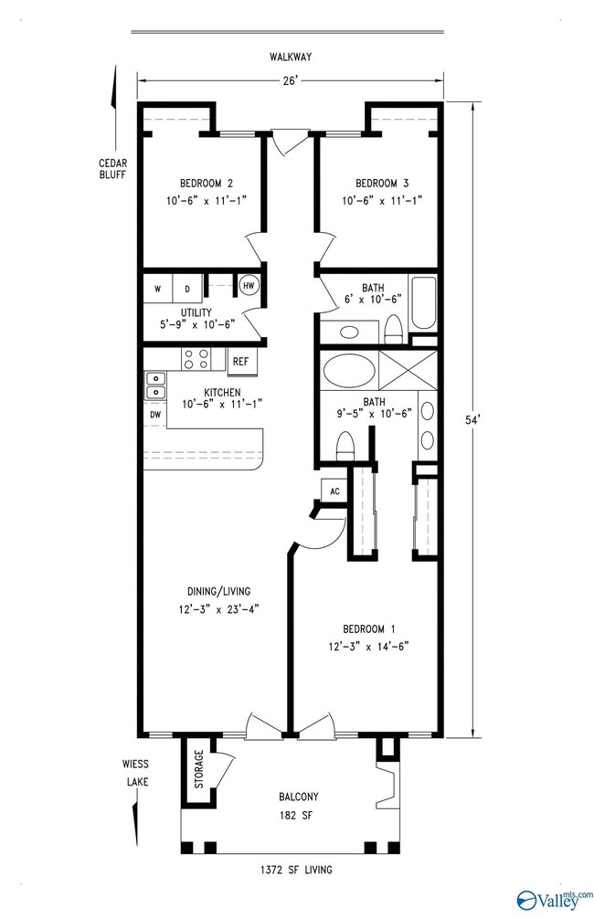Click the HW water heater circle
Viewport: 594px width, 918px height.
tap(249, 285)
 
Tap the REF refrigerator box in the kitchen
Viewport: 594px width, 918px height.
tap(240, 361)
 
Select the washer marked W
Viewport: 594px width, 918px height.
tap(157, 289)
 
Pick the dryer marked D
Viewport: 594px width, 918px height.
tap(187, 289)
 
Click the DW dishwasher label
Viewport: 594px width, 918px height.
tap(155, 415)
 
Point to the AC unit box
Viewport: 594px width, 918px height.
tap(334, 491)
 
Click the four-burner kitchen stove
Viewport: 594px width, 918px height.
tap(196, 359)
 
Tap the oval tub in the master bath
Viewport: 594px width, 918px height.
tap(350, 370)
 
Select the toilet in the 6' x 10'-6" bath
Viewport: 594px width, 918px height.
tap(392, 330)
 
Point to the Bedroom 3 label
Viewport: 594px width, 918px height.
tap(382, 184)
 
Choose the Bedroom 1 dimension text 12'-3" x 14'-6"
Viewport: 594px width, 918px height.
tap(368, 647)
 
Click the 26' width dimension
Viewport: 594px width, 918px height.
tap(290, 80)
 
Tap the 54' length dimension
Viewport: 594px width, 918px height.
tap(472, 419)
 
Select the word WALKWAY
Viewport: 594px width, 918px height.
tap(291, 57)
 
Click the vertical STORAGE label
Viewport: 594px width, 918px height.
tap(198, 769)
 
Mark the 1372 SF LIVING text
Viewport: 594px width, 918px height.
tap(296, 870)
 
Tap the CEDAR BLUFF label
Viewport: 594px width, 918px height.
tap(112, 169)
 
